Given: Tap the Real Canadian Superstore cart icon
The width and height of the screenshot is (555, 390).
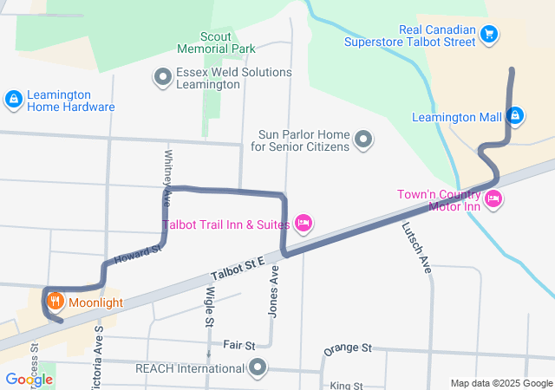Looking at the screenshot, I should [x=490, y=35].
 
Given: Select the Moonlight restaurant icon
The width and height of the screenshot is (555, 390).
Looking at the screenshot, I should [x=55, y=302].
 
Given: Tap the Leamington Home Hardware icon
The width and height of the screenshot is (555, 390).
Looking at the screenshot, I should [x=13, y=100].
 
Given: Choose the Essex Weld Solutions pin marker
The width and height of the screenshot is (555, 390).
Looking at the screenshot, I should [x=162, y=78].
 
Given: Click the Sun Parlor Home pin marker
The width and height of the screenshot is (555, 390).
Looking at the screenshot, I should [x=364, y=140].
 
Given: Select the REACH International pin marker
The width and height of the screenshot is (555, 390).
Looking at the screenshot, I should [x=258, y=368].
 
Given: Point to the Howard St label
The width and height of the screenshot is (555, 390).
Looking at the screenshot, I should [x=139, y=255].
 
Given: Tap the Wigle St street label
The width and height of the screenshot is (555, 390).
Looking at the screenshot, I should [x=209, y=309].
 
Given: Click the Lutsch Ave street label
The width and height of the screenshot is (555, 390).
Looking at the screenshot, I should [x=417, y=248].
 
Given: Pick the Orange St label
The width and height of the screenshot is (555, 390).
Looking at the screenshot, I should [x=347, y=348].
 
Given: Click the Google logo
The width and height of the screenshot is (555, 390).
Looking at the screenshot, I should [x=29, y=380].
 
